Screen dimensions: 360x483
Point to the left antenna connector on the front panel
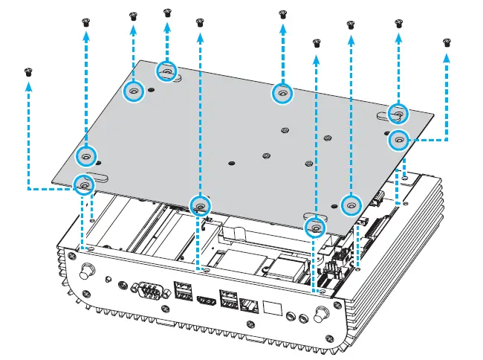pos(87,269)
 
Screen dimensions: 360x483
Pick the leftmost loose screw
pos(29,72)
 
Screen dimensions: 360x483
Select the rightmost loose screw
pos(447,43)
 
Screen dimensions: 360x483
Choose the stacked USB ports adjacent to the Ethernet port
pos(229,299)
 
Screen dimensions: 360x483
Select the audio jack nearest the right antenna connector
pos(302,319)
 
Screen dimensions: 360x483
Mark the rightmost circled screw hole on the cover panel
pos(398,138)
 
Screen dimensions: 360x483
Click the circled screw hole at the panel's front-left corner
pos(84,183)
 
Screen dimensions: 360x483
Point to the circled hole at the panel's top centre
pos(282,93)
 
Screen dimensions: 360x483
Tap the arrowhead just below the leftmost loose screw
pos(29,86)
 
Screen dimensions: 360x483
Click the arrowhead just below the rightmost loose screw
pos(447,57)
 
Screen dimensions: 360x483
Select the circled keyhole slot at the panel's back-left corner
pos(167,71)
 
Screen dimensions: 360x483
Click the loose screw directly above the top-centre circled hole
pos(282,14)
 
